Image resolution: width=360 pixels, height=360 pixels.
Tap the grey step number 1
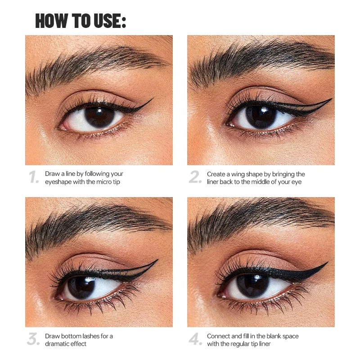(34, 177)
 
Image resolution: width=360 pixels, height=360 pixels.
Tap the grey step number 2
(195, 177)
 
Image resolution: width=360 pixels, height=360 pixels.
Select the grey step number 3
(34, 340)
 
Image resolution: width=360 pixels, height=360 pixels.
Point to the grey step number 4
(195, 340)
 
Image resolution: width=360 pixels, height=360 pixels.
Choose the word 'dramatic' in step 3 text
(57, 344)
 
